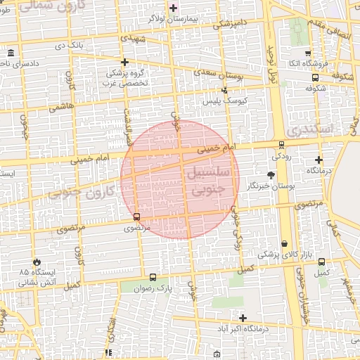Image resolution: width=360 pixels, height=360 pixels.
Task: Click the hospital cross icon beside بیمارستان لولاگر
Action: pos(174,8)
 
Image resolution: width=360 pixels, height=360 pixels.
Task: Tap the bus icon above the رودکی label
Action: pos(281,145)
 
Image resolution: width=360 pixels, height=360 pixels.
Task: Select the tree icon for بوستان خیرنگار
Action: pos(271,174)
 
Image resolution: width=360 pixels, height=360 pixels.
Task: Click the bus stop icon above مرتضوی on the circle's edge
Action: pos(136,217)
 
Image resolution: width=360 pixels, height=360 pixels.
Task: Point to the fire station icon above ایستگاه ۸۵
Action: pos(27,262)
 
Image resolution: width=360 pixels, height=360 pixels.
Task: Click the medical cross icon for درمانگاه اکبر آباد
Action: pos(243,319)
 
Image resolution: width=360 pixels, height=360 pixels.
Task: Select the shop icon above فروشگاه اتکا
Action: pos(307,53)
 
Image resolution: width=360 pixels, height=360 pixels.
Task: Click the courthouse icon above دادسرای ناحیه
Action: pos(11,53)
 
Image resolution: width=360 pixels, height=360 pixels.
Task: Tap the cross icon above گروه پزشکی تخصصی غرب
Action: pos(124,62)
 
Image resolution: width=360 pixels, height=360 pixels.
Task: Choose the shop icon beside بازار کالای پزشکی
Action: pos(284,243)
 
